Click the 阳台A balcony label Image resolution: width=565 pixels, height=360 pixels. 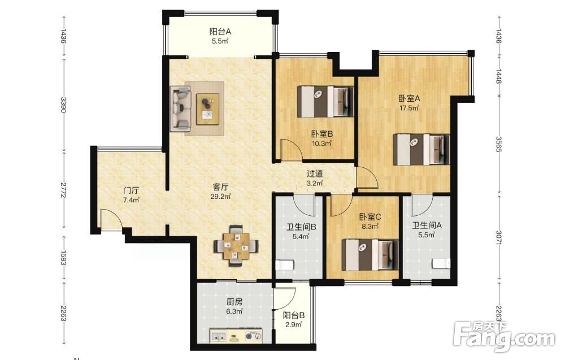[220, 32]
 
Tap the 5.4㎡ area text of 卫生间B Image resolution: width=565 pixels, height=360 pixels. [301, 237]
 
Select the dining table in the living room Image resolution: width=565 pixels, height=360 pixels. [236, 246]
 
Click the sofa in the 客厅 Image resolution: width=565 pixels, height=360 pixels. [181, 108]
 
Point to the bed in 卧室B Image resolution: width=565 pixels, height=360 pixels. [325, 102]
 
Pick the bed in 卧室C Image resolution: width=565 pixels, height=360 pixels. [370, 255]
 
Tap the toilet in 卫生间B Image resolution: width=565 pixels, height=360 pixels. [285, 266]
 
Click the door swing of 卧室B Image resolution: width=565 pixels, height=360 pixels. [292, 149]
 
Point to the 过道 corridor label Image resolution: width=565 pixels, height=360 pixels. [315, 174]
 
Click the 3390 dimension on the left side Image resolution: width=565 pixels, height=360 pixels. [63, 105]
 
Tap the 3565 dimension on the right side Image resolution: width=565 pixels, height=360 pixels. [499, 144]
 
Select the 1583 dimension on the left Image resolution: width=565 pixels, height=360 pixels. [63, 258]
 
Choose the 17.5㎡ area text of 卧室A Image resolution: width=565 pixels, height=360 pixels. [409, 108]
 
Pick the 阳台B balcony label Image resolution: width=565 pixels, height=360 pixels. [294, 315]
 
